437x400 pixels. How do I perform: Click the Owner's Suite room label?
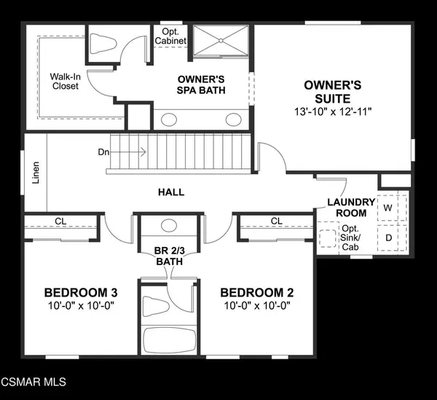[333, 92]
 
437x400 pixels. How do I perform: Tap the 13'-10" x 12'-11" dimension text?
[333, 112]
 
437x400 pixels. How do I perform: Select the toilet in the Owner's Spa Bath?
[103, 44]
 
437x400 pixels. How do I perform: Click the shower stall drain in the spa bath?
[221, 40]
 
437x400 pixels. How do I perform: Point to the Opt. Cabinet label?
[170, 36]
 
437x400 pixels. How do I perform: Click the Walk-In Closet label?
[66, 81]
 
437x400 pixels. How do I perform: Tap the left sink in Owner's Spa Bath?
[169, 120]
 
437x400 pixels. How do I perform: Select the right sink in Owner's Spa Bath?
[234, 119]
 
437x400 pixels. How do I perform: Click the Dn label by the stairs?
[103, 152]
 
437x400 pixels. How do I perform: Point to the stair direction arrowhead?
[143, 152]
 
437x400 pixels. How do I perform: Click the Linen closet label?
[36, 173]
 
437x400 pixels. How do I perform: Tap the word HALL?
[171, 192]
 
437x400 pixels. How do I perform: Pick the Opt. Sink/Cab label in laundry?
[350, 238]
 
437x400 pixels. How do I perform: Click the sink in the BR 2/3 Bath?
[169, 224]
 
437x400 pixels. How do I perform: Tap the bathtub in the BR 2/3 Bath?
[169, 340]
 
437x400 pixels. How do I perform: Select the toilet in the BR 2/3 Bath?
[156, 306]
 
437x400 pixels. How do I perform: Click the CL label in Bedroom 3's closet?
[60, 221]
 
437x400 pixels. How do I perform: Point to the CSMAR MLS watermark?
[34, 382]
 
